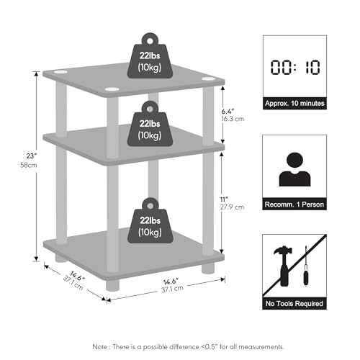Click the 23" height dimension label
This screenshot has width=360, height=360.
pos(32,156)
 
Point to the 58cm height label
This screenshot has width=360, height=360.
pos(29,165)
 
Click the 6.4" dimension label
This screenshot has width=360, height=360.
pos(228,112)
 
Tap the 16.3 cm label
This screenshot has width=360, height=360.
pos(233,119)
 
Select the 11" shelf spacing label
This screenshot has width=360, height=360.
pos(224,199)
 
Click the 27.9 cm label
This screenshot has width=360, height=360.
pos(232,207)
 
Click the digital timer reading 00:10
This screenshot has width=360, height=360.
pos(295,67)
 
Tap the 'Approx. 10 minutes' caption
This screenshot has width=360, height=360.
pos(294,104)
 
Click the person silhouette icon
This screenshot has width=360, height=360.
pos(294,169)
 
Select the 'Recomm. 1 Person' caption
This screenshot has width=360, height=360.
pos(294,204)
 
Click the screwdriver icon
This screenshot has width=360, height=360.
pos(306,266)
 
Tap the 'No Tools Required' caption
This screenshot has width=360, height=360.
pos(294,304)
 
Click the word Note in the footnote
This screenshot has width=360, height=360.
pos(100,347)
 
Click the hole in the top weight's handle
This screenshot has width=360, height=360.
pos(150,41)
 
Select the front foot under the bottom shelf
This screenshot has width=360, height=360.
pos(112,285)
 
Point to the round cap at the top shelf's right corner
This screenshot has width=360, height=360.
pos(208,79)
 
